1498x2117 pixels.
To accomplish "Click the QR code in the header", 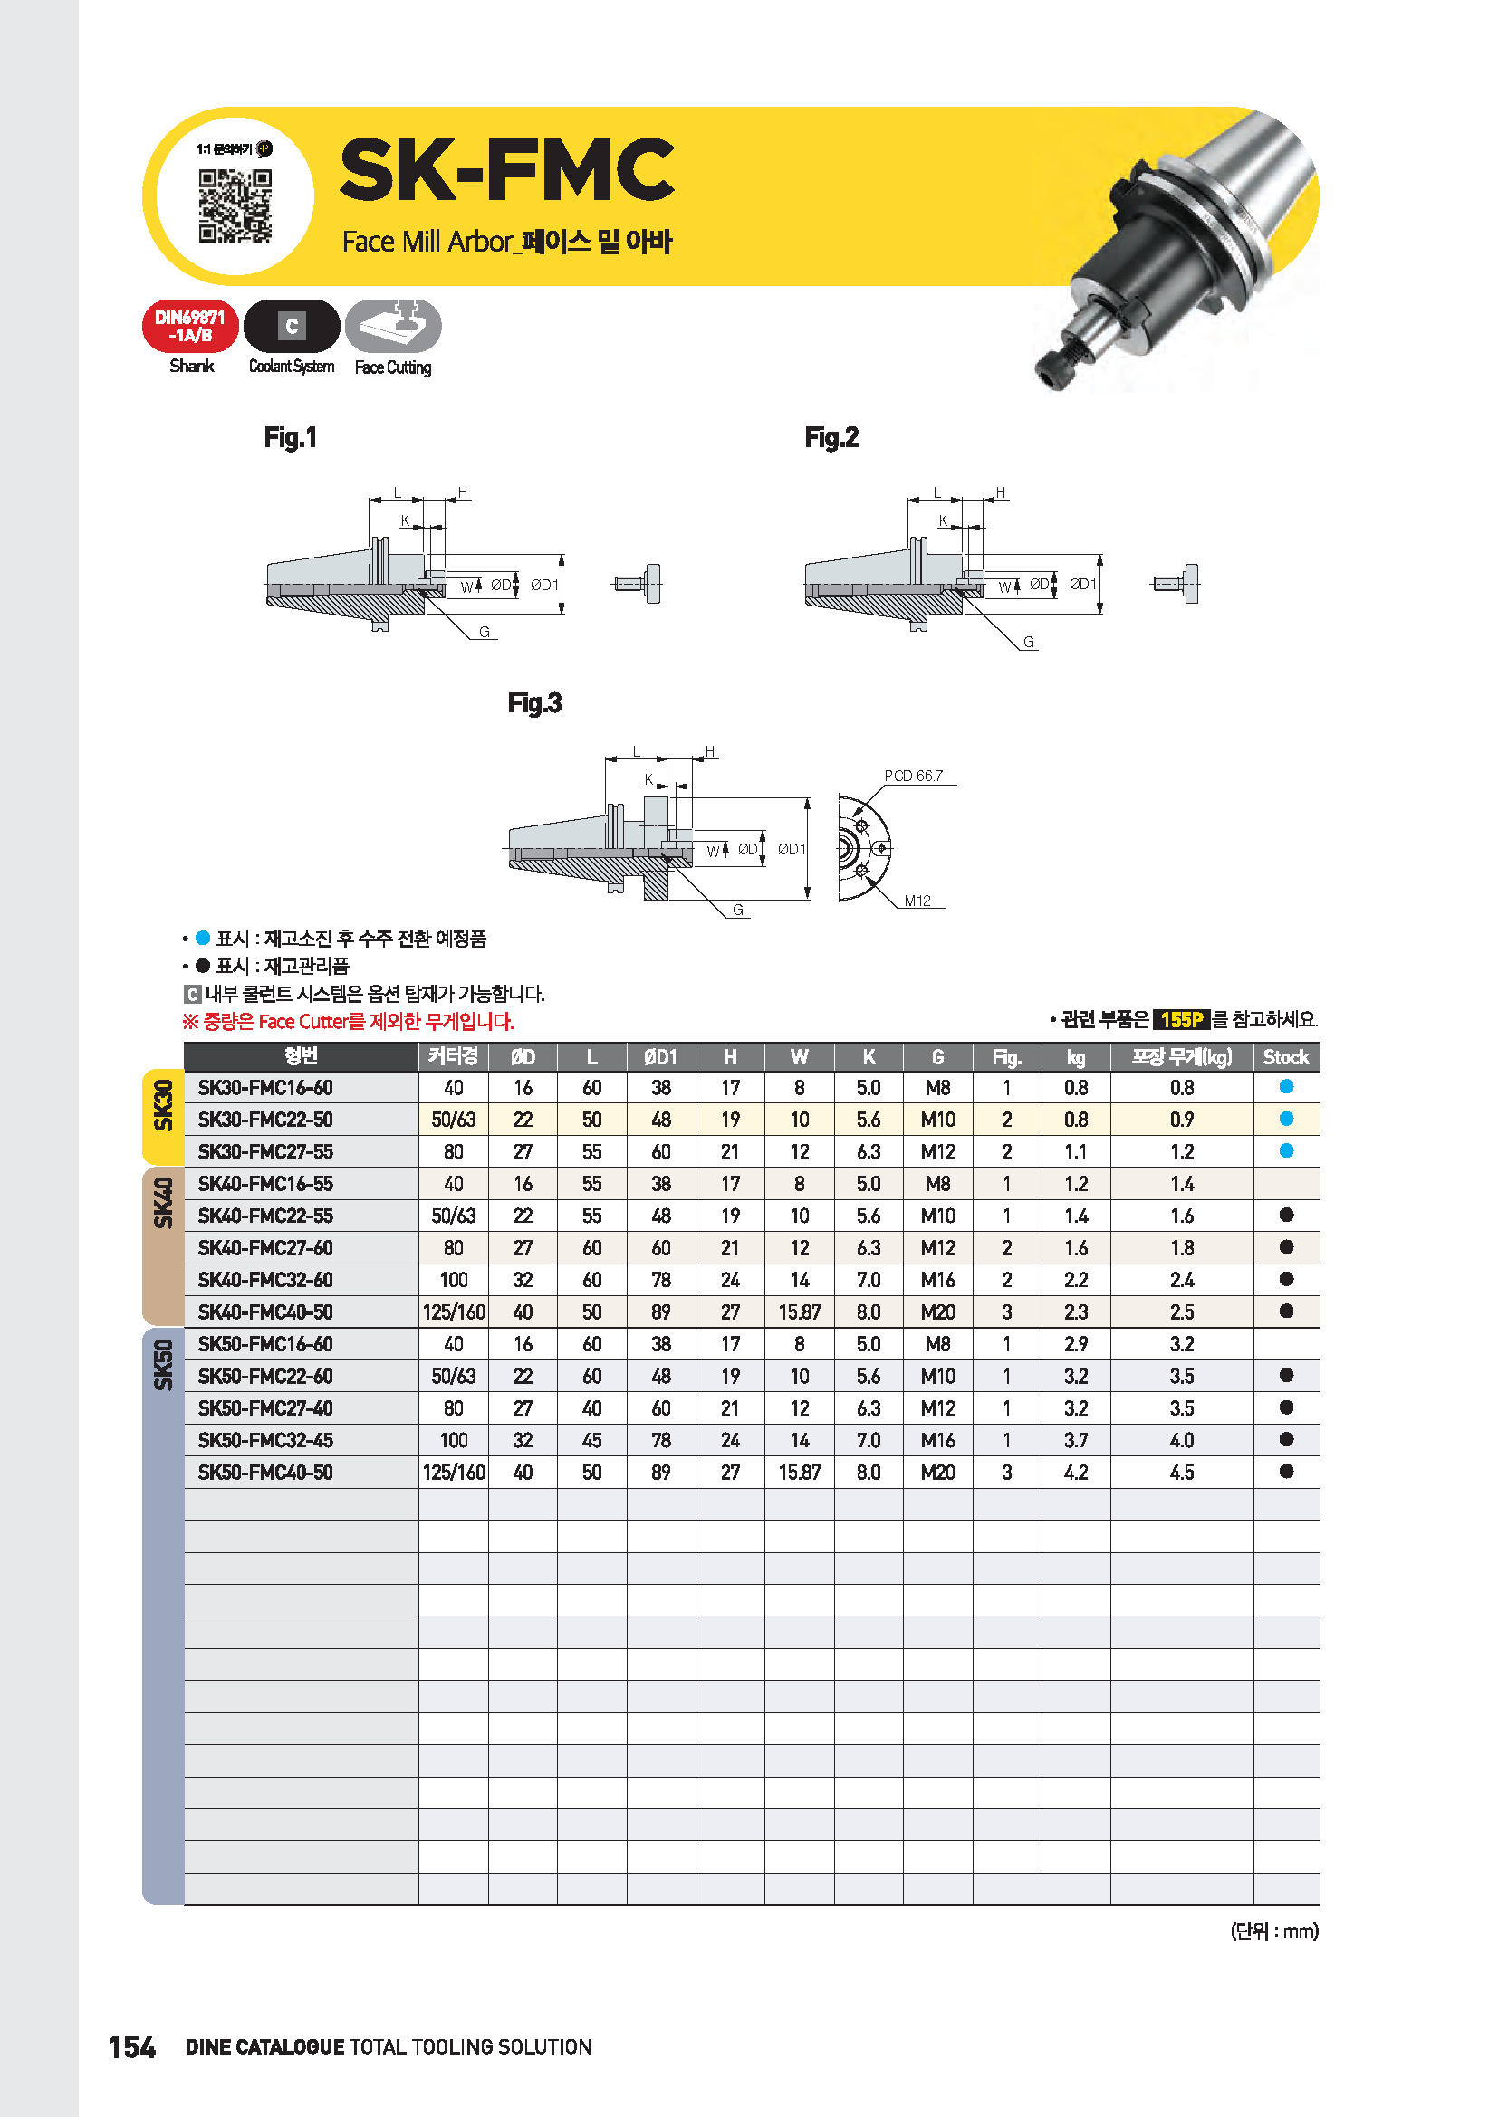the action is tap(235, 205).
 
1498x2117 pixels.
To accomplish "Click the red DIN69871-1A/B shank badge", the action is tap(190, 327).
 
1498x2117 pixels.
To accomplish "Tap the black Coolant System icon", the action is tap(292, 327).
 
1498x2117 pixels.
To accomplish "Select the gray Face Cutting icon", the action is tap(393, 327).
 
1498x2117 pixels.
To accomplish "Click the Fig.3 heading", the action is tap(534, 703).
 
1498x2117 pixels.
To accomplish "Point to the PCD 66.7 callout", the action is tap(913, 777).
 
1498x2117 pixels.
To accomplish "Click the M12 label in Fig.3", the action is tap(917, 901).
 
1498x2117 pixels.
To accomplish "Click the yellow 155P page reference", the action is tap(1182, 1020).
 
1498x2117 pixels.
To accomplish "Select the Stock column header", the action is tap(1286, 1057).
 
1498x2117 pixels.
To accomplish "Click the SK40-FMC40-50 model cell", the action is tap(265, 1312).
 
